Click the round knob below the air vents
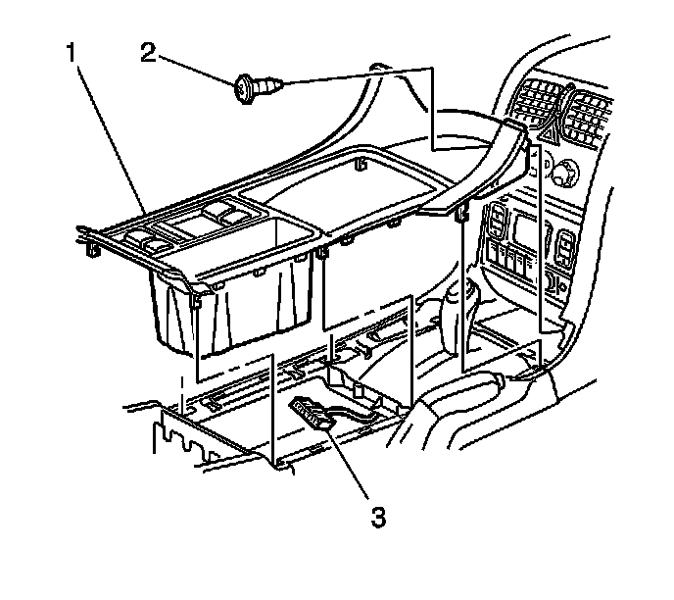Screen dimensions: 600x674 click(x=563, y=175)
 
